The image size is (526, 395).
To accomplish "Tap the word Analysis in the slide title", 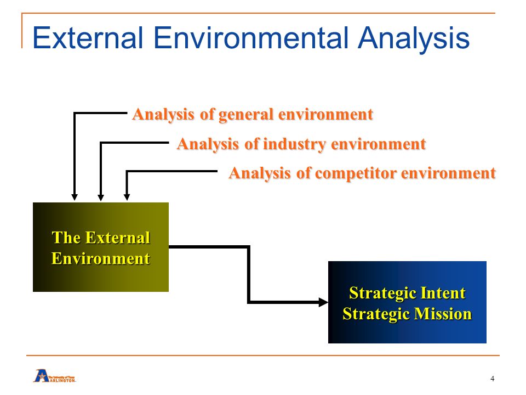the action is tap(414, 39).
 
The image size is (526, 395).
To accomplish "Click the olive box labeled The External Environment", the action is tap(101, 247).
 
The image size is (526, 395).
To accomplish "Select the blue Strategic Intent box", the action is tap(407, 302).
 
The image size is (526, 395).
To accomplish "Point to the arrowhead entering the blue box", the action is tap(323, 302).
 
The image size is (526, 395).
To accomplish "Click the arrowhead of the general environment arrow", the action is tap(75, 198).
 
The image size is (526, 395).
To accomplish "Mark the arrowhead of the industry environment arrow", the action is tap(101, 198).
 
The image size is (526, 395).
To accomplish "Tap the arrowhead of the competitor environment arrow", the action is tap(127, 198).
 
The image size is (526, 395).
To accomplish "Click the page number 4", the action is tap(493, 379).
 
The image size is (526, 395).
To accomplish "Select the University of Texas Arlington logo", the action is tap(54, 376).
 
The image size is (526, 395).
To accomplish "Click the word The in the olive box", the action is tap(66, 238).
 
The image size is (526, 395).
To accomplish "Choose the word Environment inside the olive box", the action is tap(101, 258).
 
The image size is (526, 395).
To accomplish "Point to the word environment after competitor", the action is tap(449, 174).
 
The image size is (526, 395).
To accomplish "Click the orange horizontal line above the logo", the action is tap(263, 355).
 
